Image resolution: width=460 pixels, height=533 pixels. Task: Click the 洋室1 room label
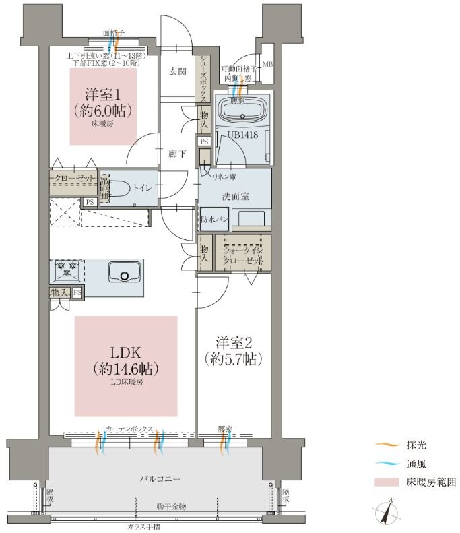coord(103,101)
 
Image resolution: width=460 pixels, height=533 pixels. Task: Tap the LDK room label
coord(126,360)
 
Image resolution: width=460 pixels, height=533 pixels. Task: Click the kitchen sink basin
coord(123,274)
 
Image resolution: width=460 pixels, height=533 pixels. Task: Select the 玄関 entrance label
coord(177,72)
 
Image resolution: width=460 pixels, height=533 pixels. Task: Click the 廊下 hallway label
coord(177,154)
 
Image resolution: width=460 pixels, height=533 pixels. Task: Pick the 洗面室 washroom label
coord(236,196)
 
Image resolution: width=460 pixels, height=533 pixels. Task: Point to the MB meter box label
coord(267,64)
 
